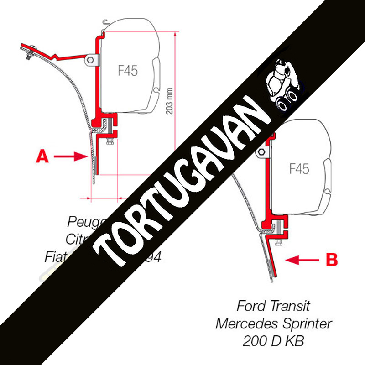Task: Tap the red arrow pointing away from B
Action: point(301,260)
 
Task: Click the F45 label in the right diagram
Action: point(299,169)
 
